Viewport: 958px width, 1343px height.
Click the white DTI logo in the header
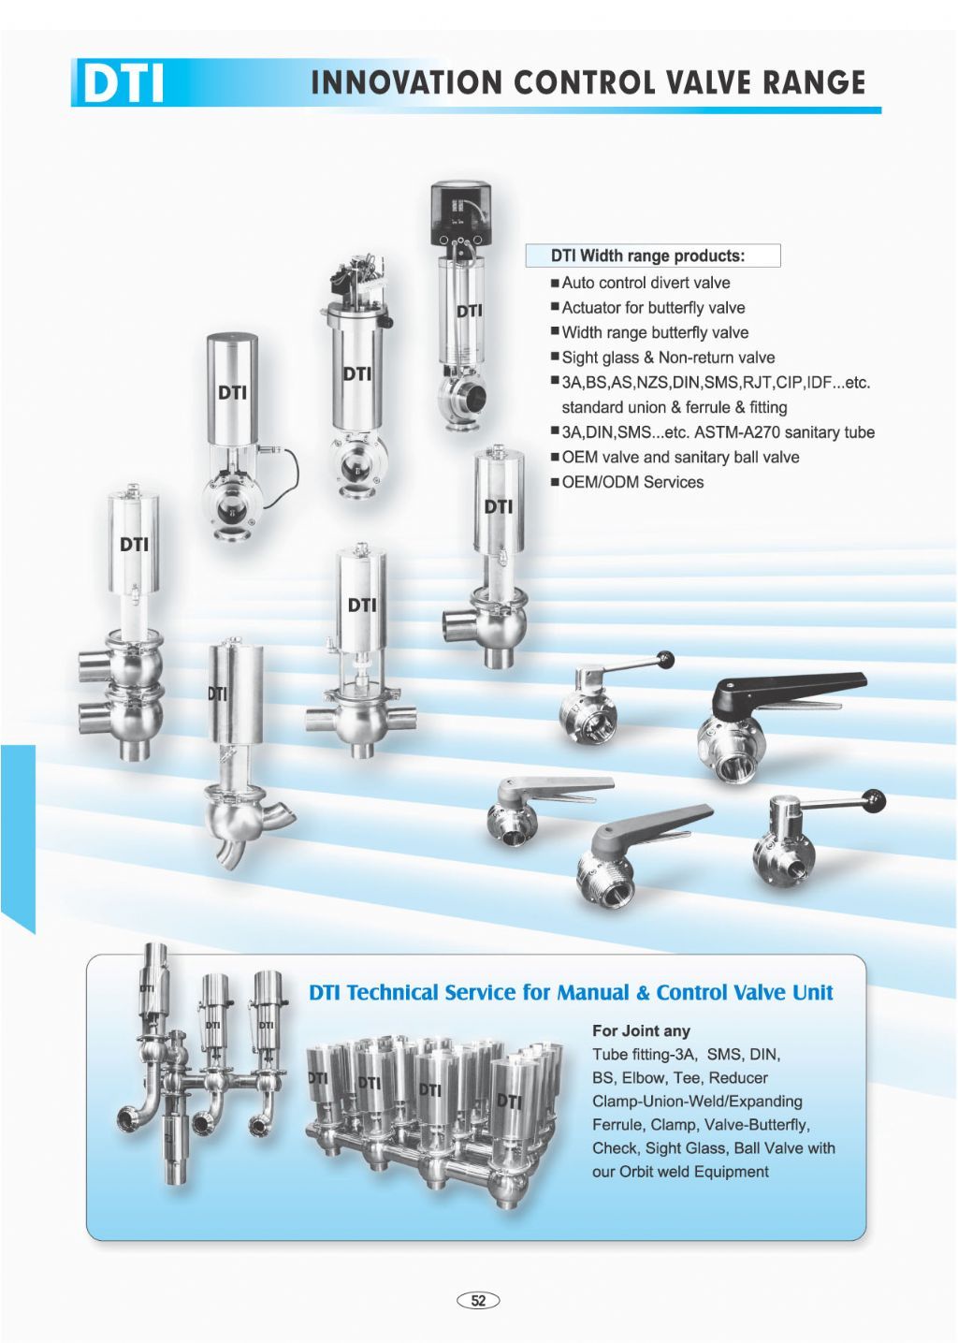tap(123, 83)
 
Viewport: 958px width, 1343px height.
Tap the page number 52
tap(478, 1301)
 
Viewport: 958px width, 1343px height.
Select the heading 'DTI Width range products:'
tap(647, 256)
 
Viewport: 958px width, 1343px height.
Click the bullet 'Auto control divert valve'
tap(646, 283)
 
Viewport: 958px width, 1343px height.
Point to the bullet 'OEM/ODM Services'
tap(632, 482)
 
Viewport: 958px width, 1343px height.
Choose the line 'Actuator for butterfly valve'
tap(653, 308)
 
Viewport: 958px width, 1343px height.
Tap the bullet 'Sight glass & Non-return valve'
tap(668, 358)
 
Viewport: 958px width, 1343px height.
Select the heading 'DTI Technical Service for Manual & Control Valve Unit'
tap(571, 992)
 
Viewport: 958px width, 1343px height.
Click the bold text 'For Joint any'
tap(641, 1030)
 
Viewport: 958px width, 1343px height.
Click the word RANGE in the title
tap(814, 82)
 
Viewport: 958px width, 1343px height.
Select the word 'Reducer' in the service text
tap(738, 1077)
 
